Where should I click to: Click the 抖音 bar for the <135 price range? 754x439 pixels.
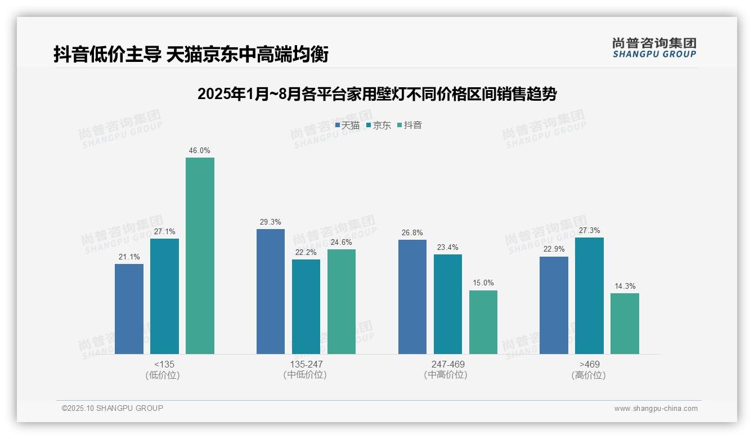tap(200, 256)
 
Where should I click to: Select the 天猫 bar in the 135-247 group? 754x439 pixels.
tap(271, 292)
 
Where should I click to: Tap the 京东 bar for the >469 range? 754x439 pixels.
tap(589, 295)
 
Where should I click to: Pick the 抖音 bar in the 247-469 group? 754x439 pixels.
tap(483, 322)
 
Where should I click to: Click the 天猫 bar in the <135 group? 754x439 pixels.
tap(129, 309)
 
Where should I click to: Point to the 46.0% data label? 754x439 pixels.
tap(200, 151)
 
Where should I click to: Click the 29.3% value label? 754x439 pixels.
tap(271, 222)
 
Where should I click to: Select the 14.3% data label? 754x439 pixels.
tap(625, 286)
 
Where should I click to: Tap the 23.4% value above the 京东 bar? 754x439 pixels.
tap(448, 247)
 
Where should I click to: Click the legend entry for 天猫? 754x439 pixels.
tap(347, 126)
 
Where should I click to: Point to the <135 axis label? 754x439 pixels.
tap(164, 364)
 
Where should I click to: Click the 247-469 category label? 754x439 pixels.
tap(448, 364)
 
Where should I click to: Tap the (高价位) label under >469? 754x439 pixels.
tap(589, 375)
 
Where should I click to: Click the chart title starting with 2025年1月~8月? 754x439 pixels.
tap(376, 94)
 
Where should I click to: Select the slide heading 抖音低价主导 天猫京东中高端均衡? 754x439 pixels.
tap(191, 55)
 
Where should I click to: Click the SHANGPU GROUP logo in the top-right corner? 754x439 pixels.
tap(654, 48)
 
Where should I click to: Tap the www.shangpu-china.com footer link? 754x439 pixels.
tap(656, 409)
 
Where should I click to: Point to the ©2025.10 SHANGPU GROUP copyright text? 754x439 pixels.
tap(113, 408)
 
